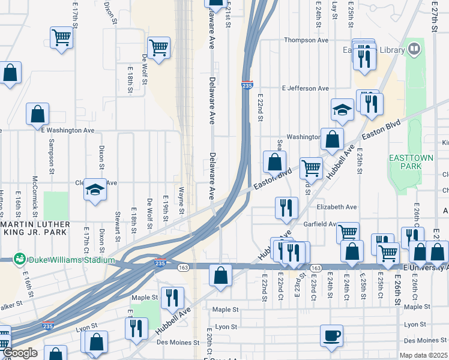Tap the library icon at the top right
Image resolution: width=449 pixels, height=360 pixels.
click(414, 49)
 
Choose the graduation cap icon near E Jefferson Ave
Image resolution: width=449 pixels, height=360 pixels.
click(342, 110)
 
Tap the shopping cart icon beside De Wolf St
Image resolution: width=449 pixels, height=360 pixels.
click(158, 47)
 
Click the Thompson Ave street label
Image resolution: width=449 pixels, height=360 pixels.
click(306, 40)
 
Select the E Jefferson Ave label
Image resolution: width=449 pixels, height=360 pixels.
click(305, 88)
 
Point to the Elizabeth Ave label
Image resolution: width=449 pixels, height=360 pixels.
click(336, 207)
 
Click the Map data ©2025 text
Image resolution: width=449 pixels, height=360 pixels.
click(424, 355)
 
